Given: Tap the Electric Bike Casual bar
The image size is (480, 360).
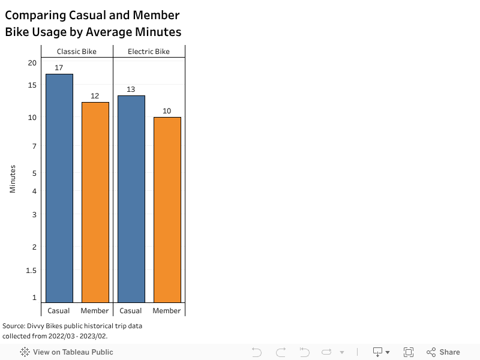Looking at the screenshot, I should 131,199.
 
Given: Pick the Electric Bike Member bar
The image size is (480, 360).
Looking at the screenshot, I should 167,209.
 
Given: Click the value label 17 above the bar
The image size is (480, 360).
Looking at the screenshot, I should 59,68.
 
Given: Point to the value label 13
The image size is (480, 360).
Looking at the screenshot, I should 131,89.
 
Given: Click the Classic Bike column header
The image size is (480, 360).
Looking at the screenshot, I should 77,52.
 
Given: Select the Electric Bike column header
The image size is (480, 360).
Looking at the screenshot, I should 149,52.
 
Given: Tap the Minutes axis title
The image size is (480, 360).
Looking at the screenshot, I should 13,179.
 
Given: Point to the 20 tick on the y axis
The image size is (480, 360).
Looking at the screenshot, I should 32,63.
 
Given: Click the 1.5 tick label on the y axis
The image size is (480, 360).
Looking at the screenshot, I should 31,270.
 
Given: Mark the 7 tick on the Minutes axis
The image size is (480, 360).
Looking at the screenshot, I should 34,146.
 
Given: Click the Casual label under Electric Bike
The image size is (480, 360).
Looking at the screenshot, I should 131,311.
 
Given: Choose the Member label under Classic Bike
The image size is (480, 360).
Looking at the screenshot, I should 95,311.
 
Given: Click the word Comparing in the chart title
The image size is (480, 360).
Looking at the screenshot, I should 38,16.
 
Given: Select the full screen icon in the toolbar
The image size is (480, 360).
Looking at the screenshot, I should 409,352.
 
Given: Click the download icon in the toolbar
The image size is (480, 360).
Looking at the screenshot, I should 378,352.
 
